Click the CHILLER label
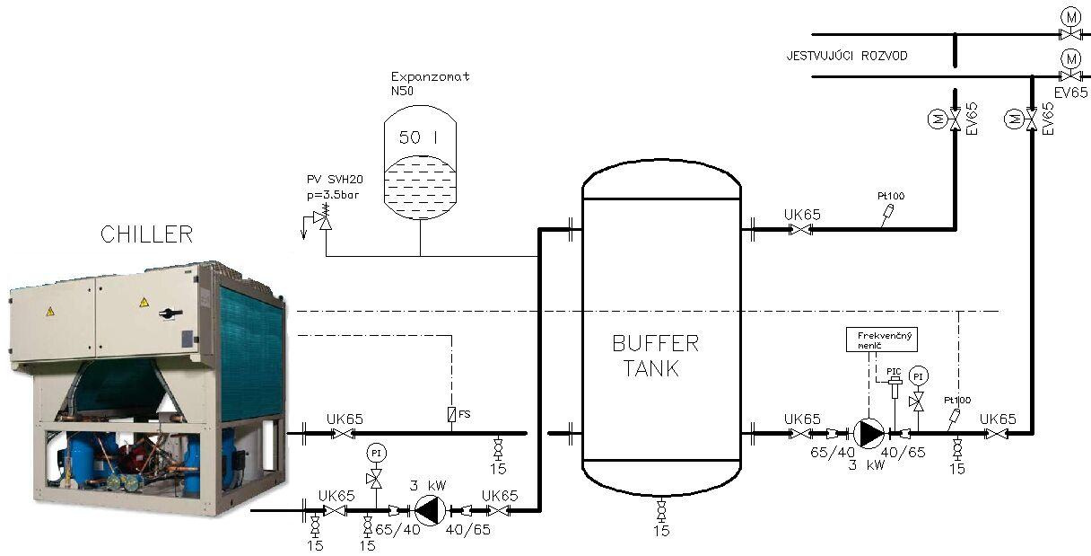pyautogui.click(x=146, y=234)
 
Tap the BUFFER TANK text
pyautogui.click(x=655, y=356)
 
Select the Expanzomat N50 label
pyautogui.click(x=430, y=84)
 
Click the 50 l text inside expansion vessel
pyautogui.click(x=418, y=137)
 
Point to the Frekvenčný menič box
pyautogui.click(x=882, y=340)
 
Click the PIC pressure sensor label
pyautogui.click(x=894, y=372)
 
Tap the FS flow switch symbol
pyautogui.click(x=451, y=415)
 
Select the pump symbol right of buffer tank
pyautogui.click(x=868, y=433)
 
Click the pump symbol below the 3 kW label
pyautogui.click(x=430, y=511)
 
